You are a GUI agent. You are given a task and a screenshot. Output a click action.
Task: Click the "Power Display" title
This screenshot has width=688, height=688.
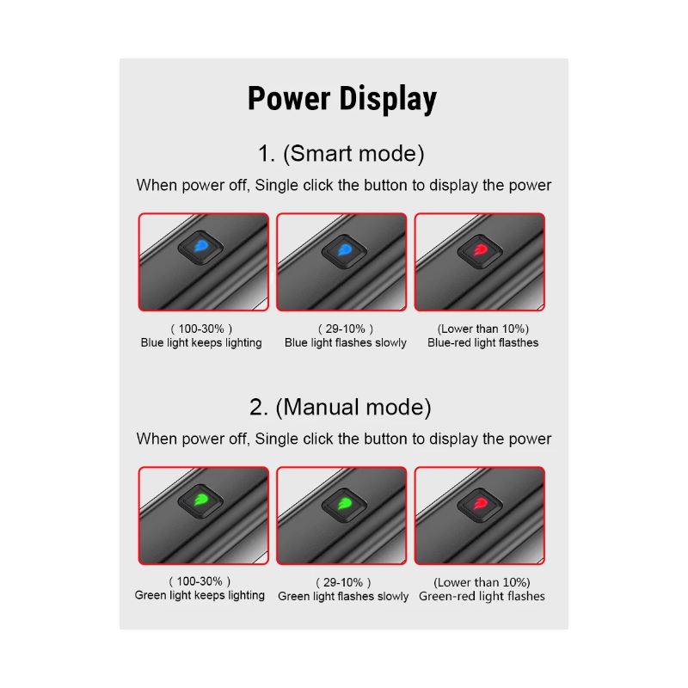pyautogui.click(x=342, y=99)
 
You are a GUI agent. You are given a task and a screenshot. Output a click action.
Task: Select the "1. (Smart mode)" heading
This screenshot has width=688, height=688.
pyautogui.click(x=341, y=154)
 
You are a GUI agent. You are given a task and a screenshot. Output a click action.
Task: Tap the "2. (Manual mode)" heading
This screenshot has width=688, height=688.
pyautogui.click(x=341, y=407)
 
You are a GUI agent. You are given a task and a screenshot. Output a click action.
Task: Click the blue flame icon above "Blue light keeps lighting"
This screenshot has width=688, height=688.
pyautogui.click(x=201, y=246)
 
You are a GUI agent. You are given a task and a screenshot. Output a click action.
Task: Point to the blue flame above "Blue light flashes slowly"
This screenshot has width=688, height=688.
pyautogui.click(x=345, y=250)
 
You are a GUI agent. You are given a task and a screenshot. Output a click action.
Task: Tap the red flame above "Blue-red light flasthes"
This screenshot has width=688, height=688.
pyautogui.click(x=481, y=250)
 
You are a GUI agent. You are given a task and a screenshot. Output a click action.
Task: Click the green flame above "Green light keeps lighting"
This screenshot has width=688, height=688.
pyautogui.click(x=201, y=500)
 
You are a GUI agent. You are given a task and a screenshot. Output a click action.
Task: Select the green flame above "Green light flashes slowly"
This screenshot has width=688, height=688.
pyautogui.click(x=345, y=503)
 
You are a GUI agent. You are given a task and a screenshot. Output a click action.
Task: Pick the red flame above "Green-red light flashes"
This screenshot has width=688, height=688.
pyautogui.click(x=481, y=504)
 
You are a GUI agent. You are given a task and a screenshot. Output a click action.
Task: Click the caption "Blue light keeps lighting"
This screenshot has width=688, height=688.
pyautogui.click(x=201, y=342)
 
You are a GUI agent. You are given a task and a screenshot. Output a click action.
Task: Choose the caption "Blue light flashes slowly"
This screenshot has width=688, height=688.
pyautogui.click(x=346, y=342)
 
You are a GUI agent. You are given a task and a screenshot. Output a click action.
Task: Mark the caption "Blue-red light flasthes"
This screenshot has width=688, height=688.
pyautogui.click(x=482, y=342)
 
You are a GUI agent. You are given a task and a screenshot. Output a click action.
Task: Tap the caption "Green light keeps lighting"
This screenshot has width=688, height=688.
pyautogui.click(x=200, y=595)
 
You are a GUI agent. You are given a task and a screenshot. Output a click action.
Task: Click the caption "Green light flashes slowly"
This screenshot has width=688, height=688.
pyautogui.click(x=343, y=596)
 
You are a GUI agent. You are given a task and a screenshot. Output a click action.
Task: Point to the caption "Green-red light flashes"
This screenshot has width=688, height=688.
pyautogui.click(x=482, y=596)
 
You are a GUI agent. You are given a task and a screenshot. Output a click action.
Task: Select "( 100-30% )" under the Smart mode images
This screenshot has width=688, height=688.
pyautogui.click(x=201, y=329)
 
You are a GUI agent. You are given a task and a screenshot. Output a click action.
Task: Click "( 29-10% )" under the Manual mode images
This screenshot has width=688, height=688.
pyautogui.click(x=343, y=582)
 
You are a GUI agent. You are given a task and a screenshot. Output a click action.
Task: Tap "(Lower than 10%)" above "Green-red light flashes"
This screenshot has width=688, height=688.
pyautogui.click(x=482, y=582)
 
